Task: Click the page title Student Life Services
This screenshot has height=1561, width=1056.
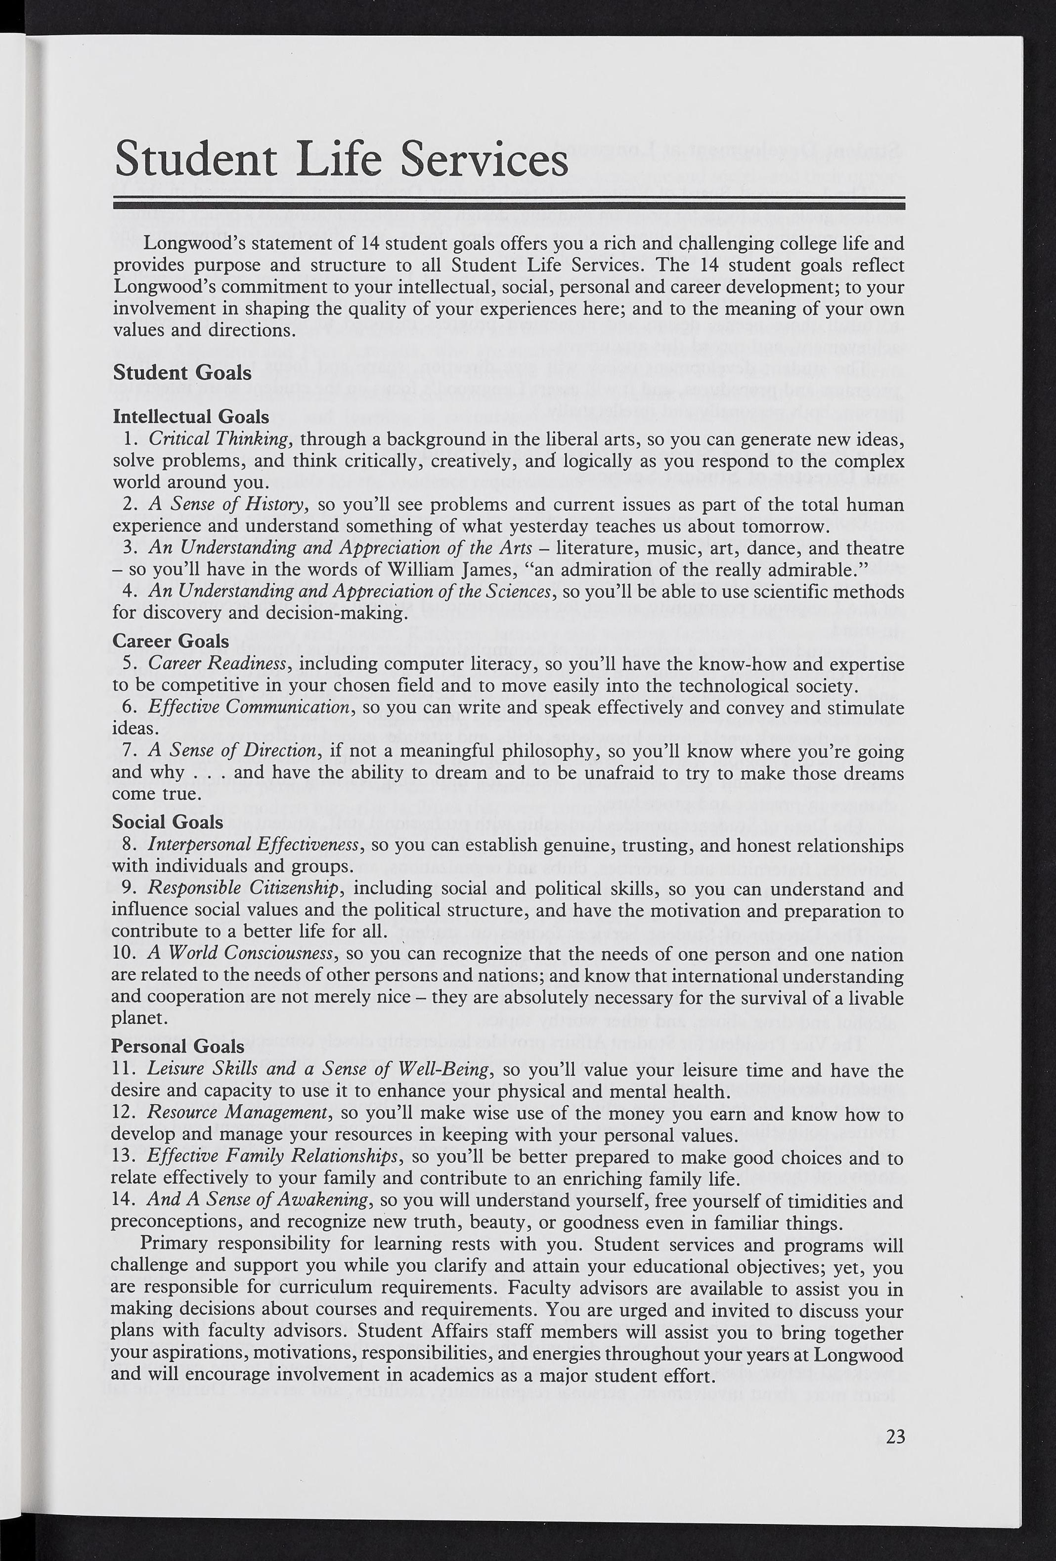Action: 341,159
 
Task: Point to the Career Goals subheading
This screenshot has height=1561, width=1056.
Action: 171,641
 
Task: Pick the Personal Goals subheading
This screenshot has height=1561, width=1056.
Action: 178,1046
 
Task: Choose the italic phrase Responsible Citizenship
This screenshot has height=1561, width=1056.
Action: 244,888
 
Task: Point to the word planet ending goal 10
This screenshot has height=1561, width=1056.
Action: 138,1018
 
